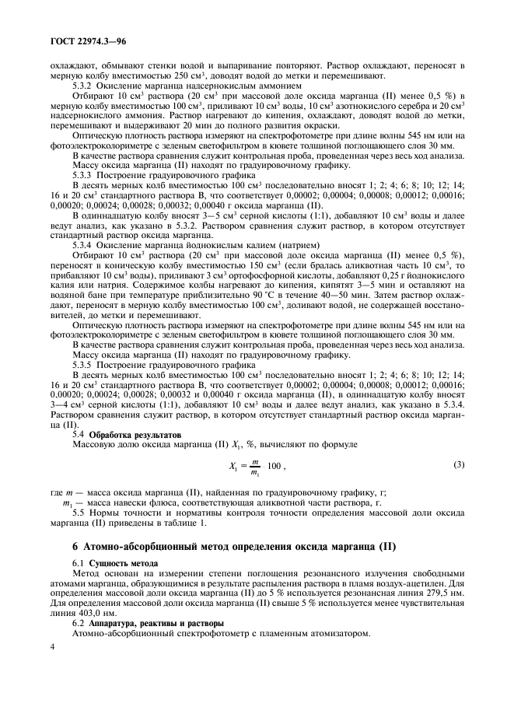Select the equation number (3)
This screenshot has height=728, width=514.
click(458, 464)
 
